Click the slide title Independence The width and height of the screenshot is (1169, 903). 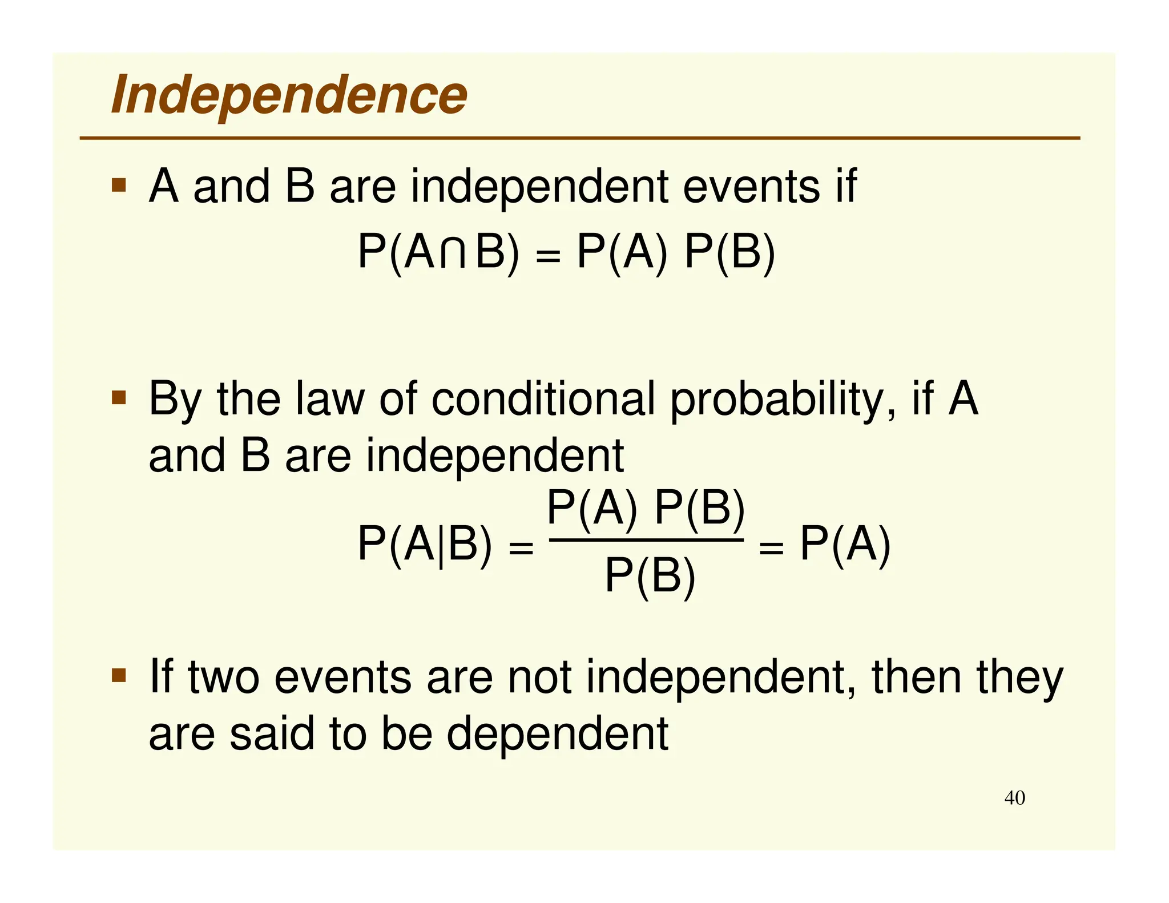click(x=289, y=95)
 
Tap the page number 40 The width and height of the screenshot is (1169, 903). click(x=1014, y=797)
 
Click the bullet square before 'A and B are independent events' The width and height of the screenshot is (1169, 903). click(x=119, y=185)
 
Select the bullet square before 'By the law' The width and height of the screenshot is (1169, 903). click(x=119, y=397)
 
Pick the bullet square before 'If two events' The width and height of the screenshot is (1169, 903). click(x=119, y=676)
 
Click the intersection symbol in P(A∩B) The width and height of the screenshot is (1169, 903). click(x=453, y=253)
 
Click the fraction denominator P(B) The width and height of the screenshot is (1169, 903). click(x=650, y=577)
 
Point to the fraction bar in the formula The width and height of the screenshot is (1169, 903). click(x=646, y=540)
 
